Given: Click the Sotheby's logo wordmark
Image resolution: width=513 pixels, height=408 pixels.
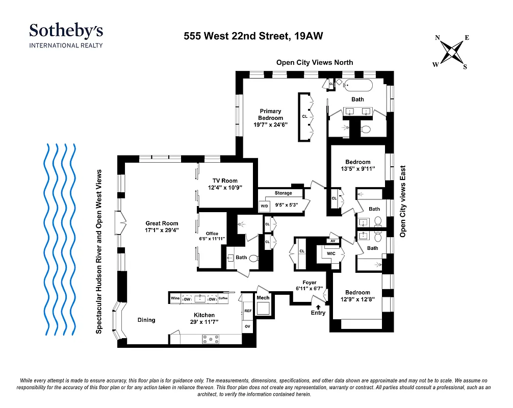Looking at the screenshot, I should click(x=66, y=31).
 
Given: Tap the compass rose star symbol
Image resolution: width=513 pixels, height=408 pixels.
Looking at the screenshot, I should click(x=452, y=52).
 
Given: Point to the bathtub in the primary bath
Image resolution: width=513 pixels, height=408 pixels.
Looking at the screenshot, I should click(x=360, y=85).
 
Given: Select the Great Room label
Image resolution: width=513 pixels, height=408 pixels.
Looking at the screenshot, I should click(x=162, y=223).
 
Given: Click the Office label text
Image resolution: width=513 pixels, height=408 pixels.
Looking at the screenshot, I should click(x=212, y=234).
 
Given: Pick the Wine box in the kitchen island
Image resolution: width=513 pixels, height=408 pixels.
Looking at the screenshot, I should click(x=175, y=298).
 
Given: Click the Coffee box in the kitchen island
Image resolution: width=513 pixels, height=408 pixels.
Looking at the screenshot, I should click(x=223, y=298).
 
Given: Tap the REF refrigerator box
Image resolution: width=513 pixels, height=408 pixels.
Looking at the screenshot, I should click(x=248, y=311).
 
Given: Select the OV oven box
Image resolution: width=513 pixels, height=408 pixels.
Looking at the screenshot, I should click(x=248, y=326).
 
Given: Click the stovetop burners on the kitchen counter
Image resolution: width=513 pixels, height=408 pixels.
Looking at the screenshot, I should click(x=210, y=338).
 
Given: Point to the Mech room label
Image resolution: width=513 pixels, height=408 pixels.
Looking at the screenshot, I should click(x=263, y=298).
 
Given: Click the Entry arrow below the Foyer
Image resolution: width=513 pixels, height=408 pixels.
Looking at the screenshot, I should click(x=318, y=307).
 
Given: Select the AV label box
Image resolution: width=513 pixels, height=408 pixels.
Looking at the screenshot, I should click(x=332, y=241).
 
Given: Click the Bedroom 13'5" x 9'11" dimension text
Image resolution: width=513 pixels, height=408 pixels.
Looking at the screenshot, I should click(x=357, y=169).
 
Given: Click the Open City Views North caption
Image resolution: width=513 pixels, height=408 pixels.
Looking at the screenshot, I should click(x=314, y=62).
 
